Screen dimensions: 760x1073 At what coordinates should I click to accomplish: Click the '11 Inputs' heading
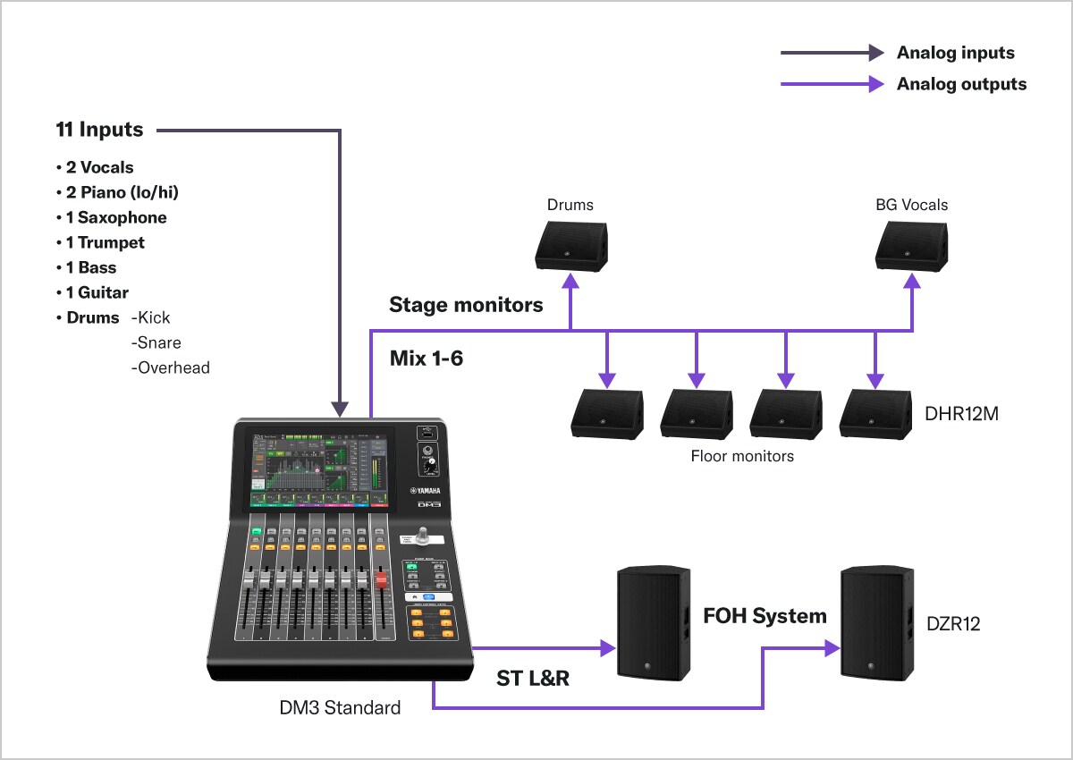99,130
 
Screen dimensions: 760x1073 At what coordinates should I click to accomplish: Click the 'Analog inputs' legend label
956,53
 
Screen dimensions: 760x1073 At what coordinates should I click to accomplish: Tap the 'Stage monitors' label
466,305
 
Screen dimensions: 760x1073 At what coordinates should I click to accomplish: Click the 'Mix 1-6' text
427,359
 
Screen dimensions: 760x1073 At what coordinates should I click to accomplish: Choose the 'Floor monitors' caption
742,456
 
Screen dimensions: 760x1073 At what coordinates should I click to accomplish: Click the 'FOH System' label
765,615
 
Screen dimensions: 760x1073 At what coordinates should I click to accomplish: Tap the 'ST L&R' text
533,679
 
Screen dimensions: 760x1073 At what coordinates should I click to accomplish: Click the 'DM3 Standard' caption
340,708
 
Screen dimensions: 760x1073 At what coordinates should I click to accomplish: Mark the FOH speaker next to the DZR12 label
876,622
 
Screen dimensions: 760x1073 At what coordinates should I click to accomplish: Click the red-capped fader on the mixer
380,581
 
